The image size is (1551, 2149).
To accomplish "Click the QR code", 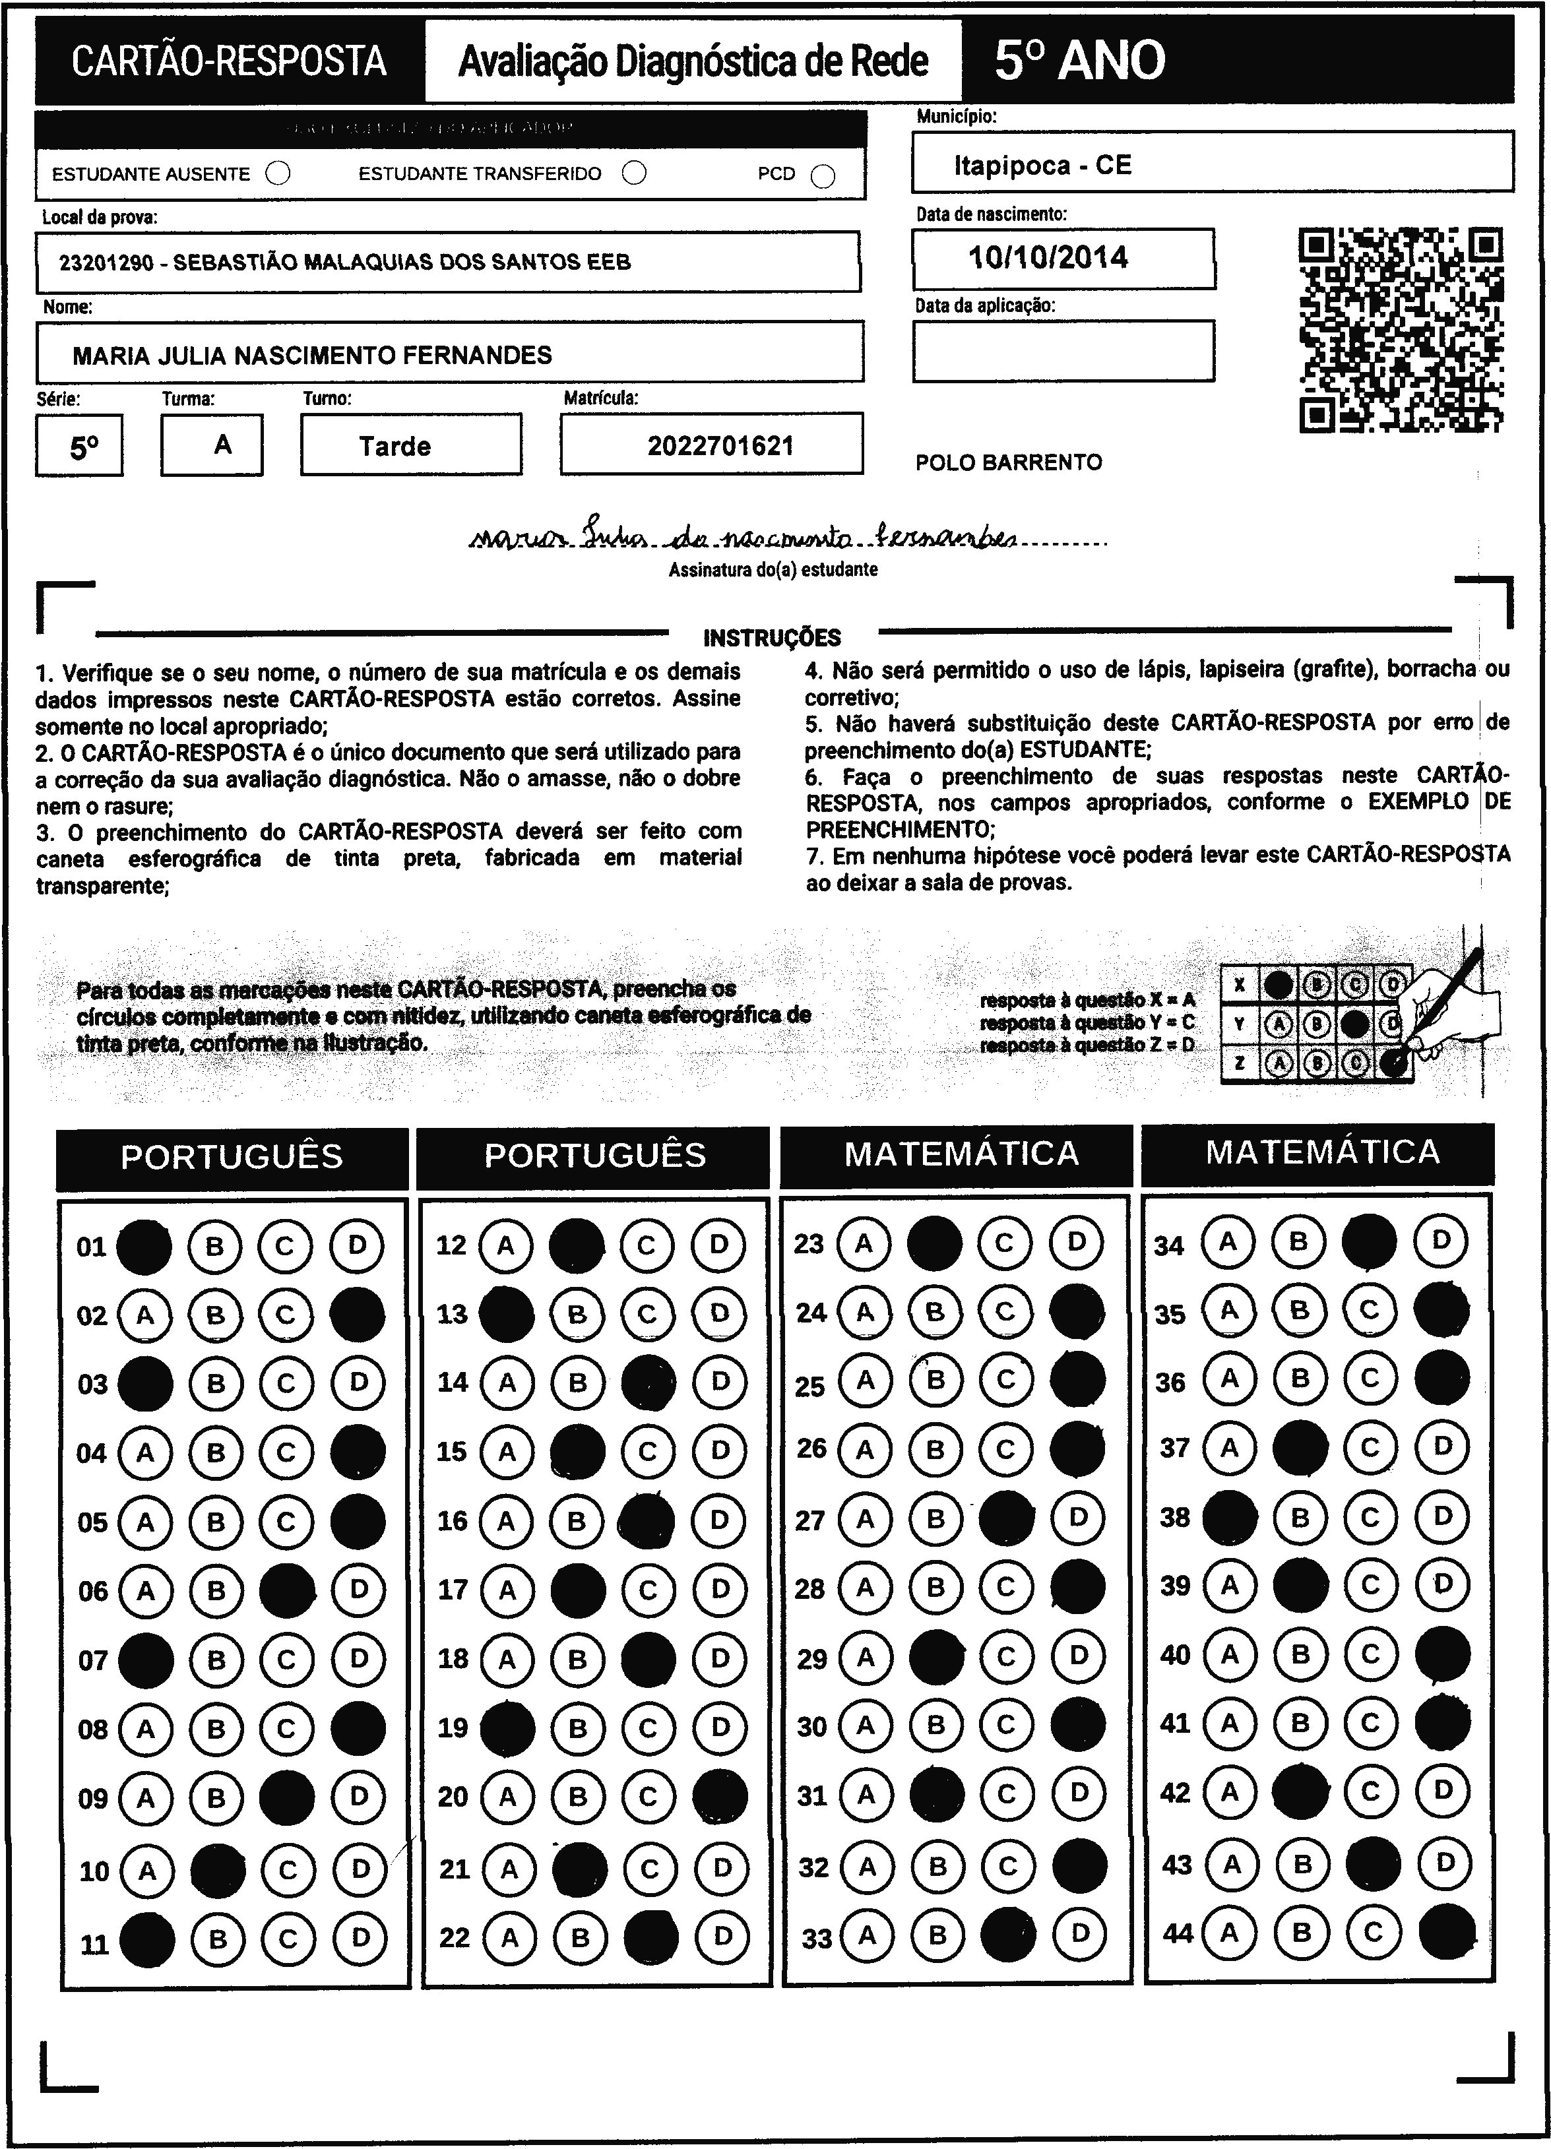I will point(1401,330).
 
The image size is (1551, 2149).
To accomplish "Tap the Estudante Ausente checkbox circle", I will point(278,173).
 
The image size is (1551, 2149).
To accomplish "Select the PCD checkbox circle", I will point(823,176).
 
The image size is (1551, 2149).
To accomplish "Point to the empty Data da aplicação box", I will point(1063,351).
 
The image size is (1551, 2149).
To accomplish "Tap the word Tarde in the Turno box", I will point(395,447).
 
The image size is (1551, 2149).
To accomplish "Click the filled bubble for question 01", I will point(144,1245).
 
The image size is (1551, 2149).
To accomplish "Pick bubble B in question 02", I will point(216,1315).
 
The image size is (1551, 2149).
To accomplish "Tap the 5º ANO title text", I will point(1079,61).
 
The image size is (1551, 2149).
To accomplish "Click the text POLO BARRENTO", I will point(1008,462).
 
